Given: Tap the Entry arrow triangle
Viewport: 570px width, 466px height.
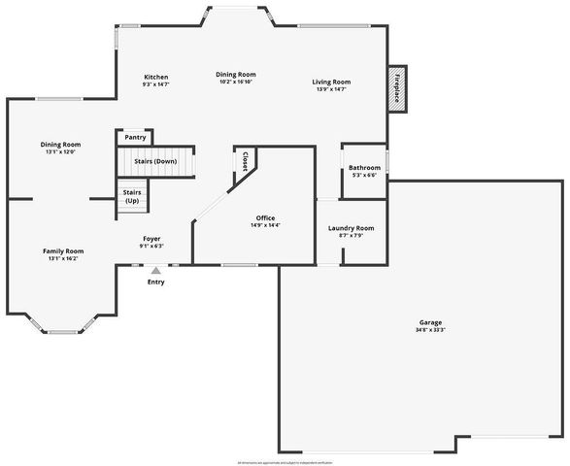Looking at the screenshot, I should coord(155,271).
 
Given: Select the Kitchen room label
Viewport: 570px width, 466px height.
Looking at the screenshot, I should coord(156,77).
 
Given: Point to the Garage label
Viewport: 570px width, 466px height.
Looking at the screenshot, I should coord(429,322).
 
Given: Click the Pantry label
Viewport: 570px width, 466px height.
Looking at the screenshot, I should coord(135,138).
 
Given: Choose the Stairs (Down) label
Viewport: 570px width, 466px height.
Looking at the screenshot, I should coord(155,161).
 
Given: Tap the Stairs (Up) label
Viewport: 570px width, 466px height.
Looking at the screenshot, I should coord(132,196).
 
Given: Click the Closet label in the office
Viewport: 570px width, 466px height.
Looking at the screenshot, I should coord(246,160).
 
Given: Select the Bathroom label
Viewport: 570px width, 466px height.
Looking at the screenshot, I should coord(365,168).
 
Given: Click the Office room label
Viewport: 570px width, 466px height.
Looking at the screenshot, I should coord(265,217).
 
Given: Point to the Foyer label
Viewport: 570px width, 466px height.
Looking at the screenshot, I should coord(151,238).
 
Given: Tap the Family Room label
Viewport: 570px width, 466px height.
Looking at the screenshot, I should coord(62,250).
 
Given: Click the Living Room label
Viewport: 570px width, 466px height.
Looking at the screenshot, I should coord(331,82).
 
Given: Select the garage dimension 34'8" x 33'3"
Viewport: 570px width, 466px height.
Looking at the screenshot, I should coord(429,330).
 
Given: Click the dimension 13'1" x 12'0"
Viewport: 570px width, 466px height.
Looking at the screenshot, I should coord(60,151).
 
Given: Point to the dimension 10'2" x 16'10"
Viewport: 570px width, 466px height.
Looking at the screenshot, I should coord(236,83).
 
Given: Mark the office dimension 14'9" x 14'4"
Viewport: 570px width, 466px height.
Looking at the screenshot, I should coord(265,225).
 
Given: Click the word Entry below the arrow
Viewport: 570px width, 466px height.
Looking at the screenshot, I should coord(155,283).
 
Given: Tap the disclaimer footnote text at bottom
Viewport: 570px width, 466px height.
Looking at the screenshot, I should coord(285,461).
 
